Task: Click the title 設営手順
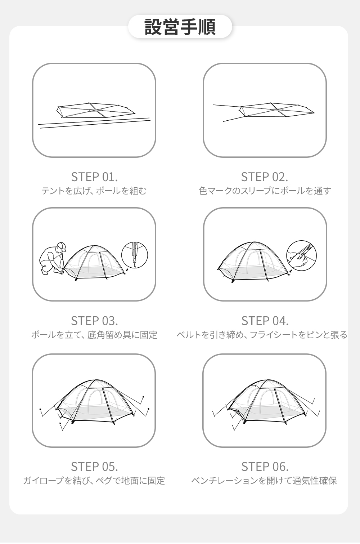point(180,27)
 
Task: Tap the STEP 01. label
point(94,177)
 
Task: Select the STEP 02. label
point(264,177)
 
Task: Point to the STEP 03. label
point(94,321)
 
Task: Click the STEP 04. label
point(265,321)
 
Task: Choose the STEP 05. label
point(94,467)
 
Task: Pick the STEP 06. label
point(265,467)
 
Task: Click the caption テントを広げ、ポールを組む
point(94,191)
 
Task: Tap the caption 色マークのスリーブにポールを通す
point(265,191)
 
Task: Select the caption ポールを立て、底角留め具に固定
point(94,335)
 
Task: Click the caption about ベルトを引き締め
point(262,335)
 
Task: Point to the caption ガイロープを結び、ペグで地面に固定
point(94,481)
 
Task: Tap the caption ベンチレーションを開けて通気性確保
point(264,481)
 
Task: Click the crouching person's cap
point(62,246)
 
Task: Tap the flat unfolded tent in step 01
point(95,110)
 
